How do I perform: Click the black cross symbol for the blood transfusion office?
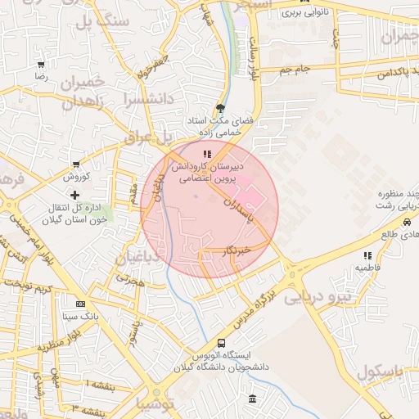(75, 196)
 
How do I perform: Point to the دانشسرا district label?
(145, 99)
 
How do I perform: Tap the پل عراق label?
(145, 137)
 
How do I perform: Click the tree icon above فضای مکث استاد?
(220, 107)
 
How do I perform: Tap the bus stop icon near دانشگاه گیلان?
(221, 343)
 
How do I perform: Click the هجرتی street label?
(129, 279)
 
